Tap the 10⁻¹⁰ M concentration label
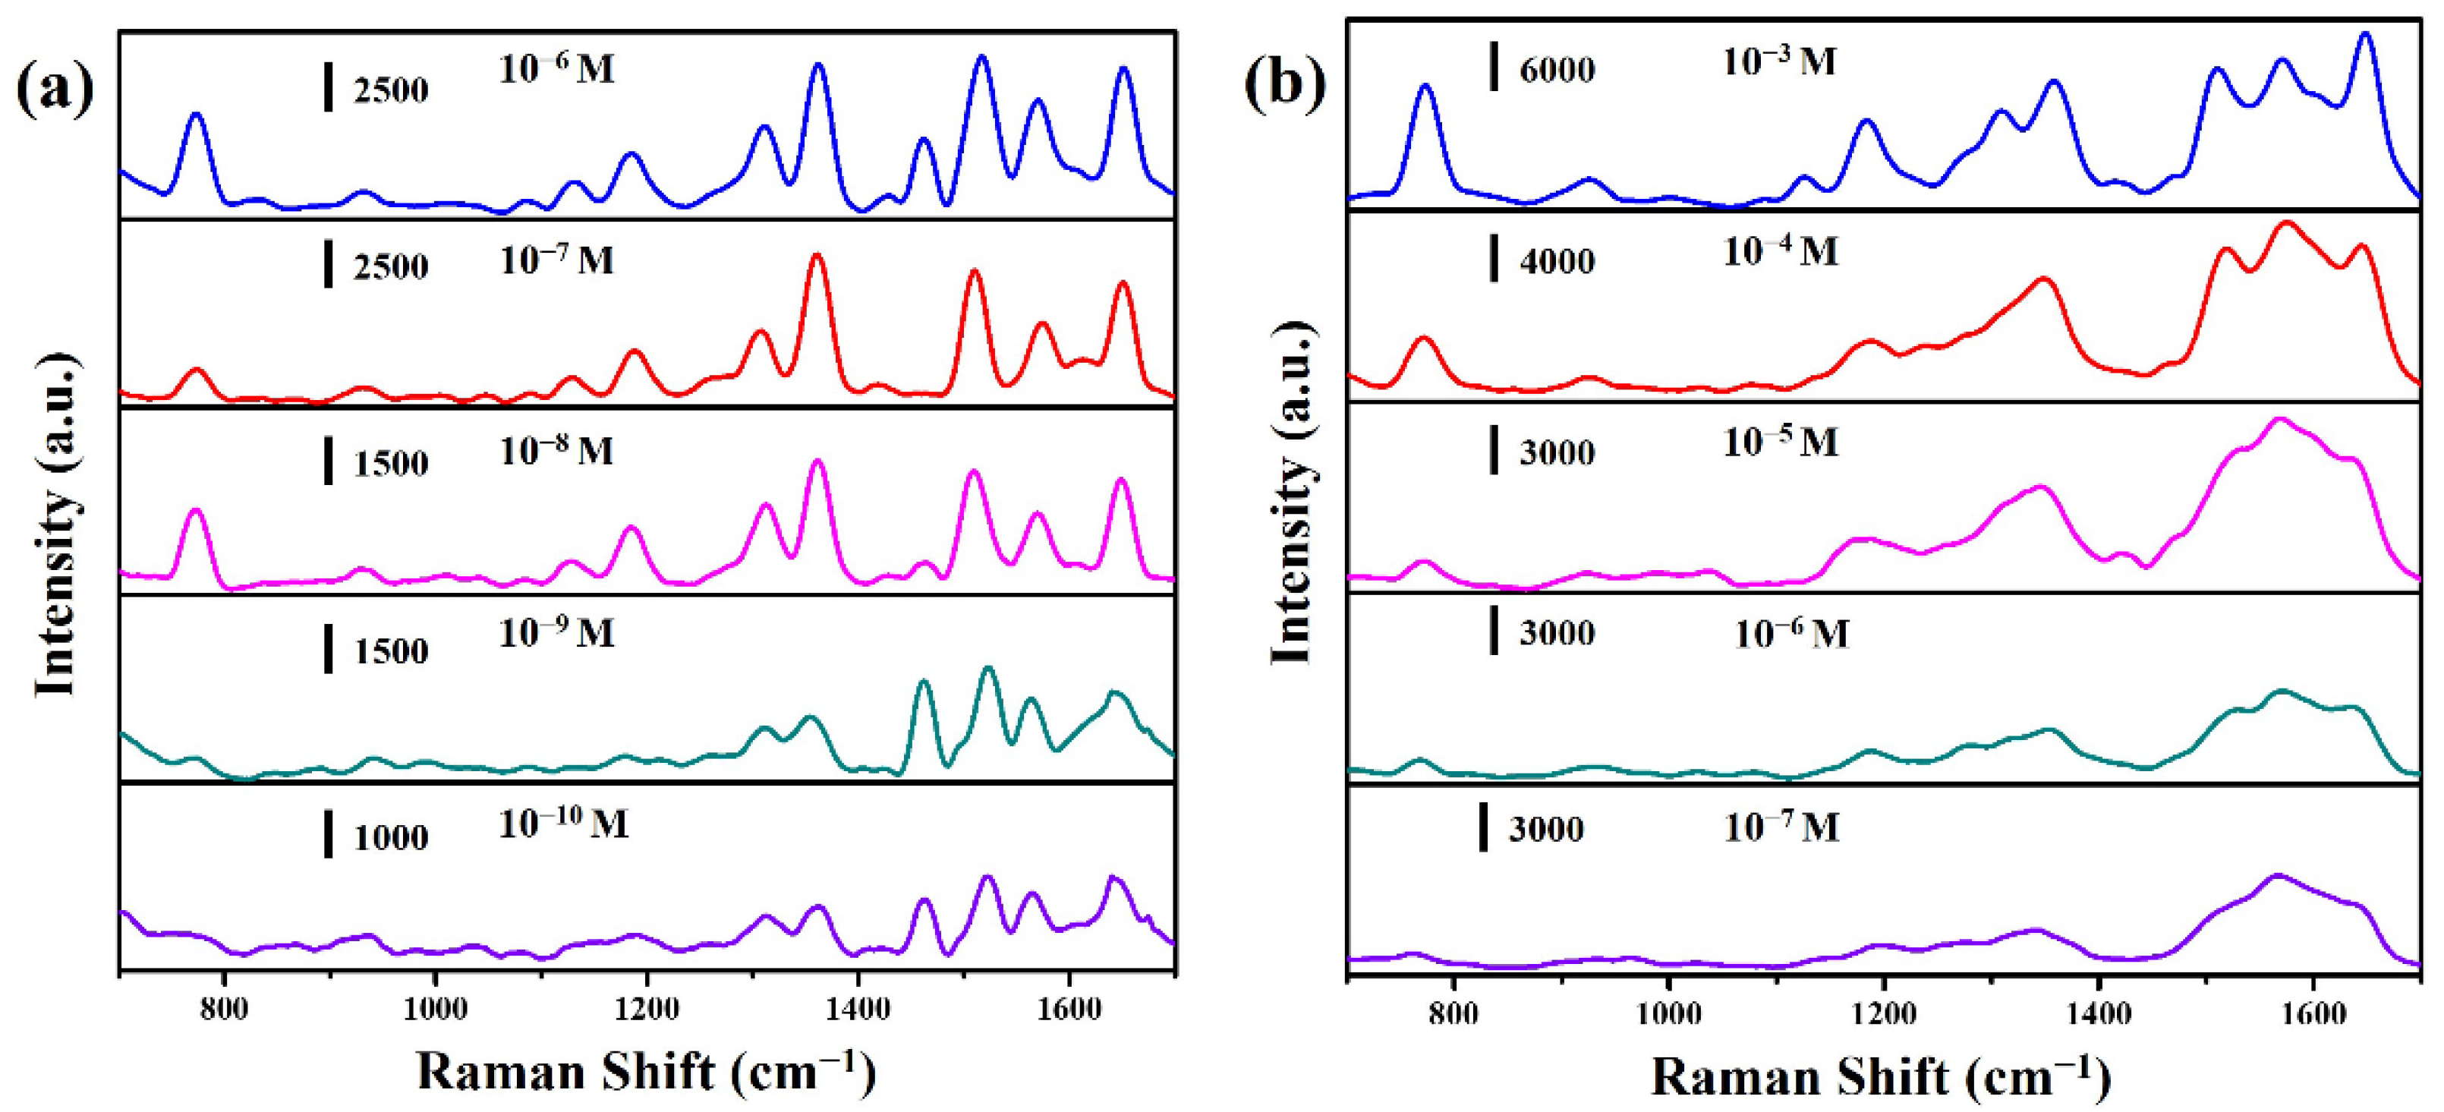coord(562,823)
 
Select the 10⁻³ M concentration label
coord(1779,61)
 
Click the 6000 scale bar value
coord(1557,70)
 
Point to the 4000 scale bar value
coord(1557,261)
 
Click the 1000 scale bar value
coord(391,838)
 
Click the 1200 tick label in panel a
coord(646,1009)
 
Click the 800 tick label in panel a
coord(224,1009)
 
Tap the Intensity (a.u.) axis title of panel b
coord(1292,493)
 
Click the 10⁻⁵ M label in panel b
coord(1780,442)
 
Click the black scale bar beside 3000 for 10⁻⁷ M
coord(1483,827)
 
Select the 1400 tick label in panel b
coord(2098,1013)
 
